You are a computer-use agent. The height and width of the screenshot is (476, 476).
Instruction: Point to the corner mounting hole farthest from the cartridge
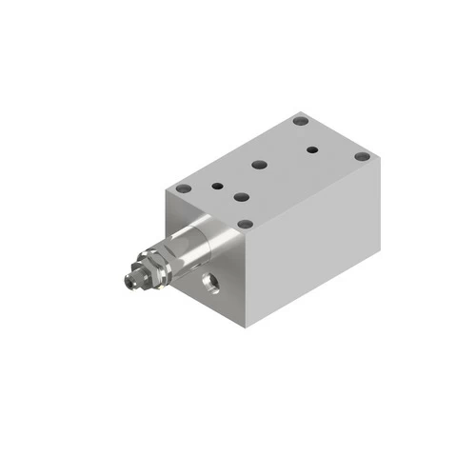click(x=301, y=121)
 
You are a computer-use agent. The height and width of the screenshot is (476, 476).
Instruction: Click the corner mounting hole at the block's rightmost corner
click(x=362, y=157)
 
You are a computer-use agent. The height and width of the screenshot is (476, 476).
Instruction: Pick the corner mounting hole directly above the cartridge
click(x=183, y=190)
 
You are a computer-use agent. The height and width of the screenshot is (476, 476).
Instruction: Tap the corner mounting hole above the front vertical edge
click(x=245, y=225)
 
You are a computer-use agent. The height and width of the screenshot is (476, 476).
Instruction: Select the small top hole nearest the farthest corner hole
click(x=311, y=149)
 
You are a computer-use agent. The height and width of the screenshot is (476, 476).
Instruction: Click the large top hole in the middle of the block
click(x=258, y=165)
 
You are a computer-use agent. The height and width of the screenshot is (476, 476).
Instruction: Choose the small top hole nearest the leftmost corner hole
click(x=219, y=186)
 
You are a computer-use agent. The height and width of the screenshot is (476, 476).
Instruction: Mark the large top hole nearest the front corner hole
click(x=240, y=198)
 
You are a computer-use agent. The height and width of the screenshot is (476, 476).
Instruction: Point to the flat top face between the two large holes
click(x=249, y=181)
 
